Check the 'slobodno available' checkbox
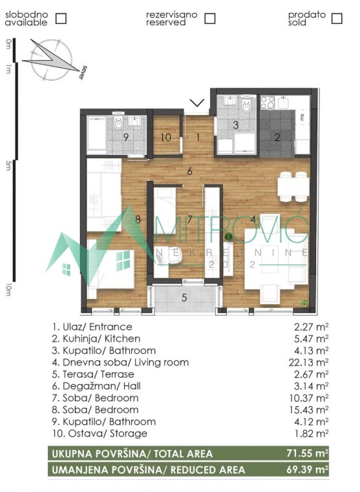(61, 18)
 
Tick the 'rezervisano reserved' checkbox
(210, 18)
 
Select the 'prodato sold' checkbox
(337, 18)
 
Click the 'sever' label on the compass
(83, 73)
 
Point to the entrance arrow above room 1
(197, 103)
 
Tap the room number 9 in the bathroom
(126, 138)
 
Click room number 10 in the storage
(166, 138)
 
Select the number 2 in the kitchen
(277, 138)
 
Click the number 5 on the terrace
(184, 297)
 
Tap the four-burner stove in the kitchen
(268, 102)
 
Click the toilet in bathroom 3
(247, 105)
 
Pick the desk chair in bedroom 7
(173, 255)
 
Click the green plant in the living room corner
(304, 303)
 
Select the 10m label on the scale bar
(8, 289)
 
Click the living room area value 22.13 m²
(308, 362)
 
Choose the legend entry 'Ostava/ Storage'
(100, 434)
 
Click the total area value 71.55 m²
(308, 453)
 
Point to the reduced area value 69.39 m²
(308, 469)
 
